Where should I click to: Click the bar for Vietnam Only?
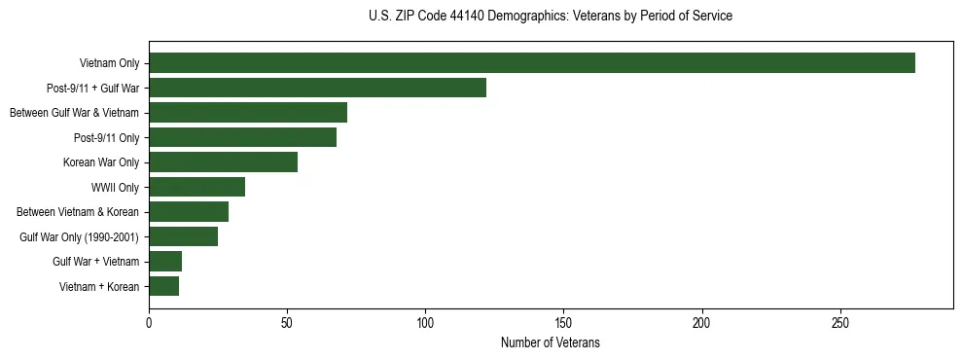[531, 63]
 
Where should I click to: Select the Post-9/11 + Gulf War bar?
[317, 88]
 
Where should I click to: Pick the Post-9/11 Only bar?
[242, 137]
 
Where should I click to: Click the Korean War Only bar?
[223, 162]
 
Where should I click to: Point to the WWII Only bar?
[196, 187]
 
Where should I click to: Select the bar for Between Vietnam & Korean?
[189, 212]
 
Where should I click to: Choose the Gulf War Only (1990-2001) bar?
[183, 236]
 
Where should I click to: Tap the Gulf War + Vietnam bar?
[165, 262]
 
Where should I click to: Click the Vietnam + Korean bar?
[163, 286]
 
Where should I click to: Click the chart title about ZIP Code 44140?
[551, 17]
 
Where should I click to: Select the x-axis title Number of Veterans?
[551, 343]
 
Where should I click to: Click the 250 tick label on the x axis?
[840, 322]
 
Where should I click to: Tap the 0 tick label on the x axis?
[149, 322]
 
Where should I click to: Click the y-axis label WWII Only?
[115, 187]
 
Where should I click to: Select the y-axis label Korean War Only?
[101, 162]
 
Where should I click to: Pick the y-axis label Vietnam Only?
[109, 63]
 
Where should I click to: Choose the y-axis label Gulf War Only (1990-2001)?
[79, 236]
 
